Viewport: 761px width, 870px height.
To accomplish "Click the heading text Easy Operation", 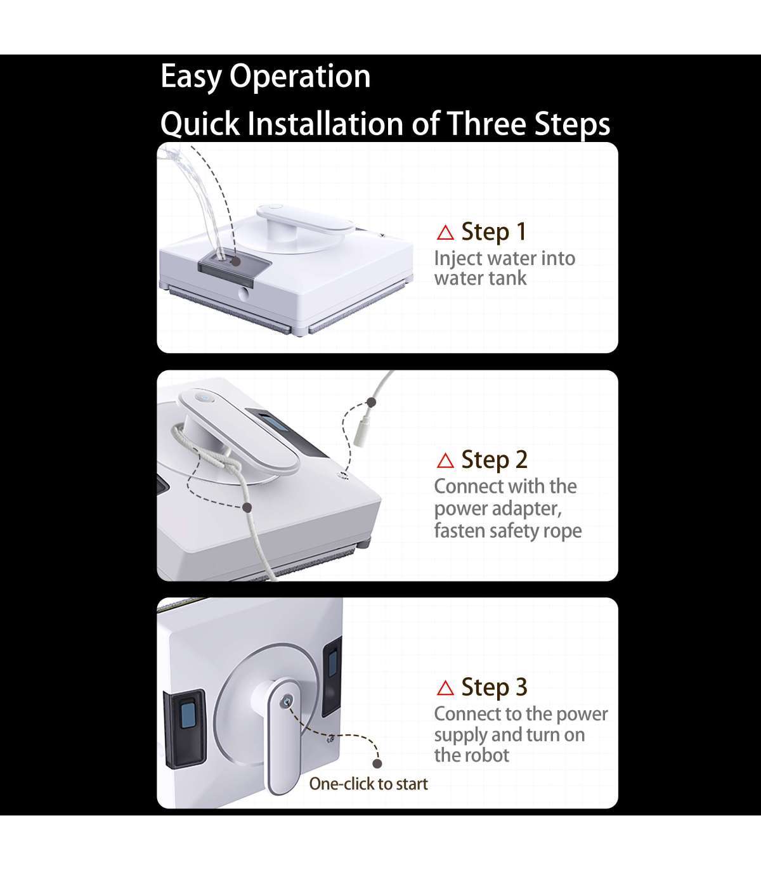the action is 265,77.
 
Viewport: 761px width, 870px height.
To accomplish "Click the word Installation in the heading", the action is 325,123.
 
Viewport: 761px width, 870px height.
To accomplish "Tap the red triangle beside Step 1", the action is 445,233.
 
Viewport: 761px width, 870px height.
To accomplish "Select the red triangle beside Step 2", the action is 445,460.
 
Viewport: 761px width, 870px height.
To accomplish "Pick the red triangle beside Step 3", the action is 445,688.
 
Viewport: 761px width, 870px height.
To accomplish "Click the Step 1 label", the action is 494,232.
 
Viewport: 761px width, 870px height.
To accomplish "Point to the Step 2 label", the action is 495,460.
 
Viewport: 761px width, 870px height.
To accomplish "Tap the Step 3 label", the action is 495,687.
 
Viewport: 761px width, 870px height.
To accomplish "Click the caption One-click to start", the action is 368,784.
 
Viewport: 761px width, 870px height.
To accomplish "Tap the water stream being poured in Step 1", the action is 200,195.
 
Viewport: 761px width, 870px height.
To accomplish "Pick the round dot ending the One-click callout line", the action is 377,763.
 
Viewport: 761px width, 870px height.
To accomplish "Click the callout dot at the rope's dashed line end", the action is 247,507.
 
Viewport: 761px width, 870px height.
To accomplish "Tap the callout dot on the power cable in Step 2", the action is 371,402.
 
